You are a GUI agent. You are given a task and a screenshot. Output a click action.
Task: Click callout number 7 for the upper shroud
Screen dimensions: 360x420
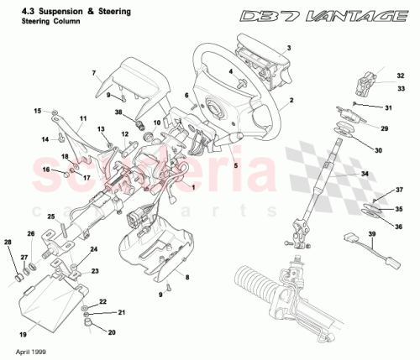point(94,75)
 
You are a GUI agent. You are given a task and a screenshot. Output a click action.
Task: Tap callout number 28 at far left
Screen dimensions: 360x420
point(8,243)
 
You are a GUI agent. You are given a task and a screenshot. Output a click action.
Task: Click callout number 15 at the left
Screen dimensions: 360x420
point(37,111)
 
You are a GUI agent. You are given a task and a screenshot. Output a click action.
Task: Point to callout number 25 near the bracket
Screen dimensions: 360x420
point(50,217)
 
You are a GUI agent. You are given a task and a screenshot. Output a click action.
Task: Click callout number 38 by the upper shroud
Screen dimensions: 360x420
point(118,112)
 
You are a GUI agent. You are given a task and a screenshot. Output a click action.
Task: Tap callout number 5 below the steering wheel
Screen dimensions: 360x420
point(236,166)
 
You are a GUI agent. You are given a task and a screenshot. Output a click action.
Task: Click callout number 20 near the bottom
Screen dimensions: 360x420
point(112,332)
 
